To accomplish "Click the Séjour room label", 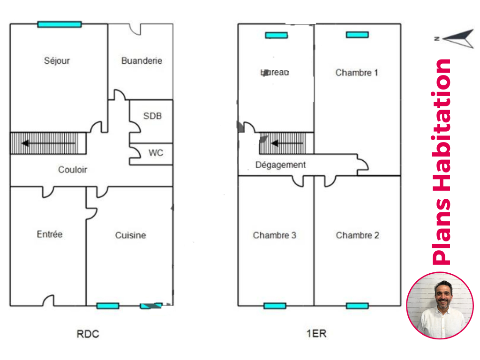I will tap(57, 60).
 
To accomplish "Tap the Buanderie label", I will tap(142, 60).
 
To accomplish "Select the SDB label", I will tap(152, 115).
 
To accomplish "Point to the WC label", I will tap(156, 153).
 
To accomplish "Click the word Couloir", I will tap(73, 170).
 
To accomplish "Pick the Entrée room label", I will tap(50, 234).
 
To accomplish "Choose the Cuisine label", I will tap(130, 235).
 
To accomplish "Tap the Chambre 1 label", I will tap(357, 72).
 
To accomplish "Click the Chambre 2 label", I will tap(357, 235).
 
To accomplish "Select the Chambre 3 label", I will tap(275, 235).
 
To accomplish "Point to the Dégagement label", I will tap(280, 165).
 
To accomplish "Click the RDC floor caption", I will tap(88, 334).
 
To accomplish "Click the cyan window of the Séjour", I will tap(60, 24).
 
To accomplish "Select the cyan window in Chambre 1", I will tap(357, 35).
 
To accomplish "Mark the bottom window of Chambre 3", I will tap(275, 306).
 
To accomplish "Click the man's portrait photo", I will tap(440, 305).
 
